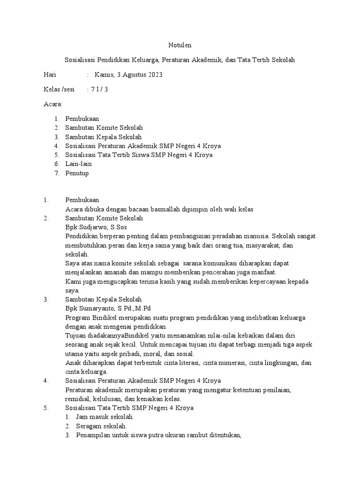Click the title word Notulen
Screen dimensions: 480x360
(180, 45)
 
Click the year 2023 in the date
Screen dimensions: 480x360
(154, 75)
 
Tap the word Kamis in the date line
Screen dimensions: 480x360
(104, 75)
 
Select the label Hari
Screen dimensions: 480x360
(50, 75)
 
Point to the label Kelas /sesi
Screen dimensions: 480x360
(59, 90)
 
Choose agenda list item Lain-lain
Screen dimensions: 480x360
(79, 164)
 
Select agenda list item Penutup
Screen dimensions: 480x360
(77, 173)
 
